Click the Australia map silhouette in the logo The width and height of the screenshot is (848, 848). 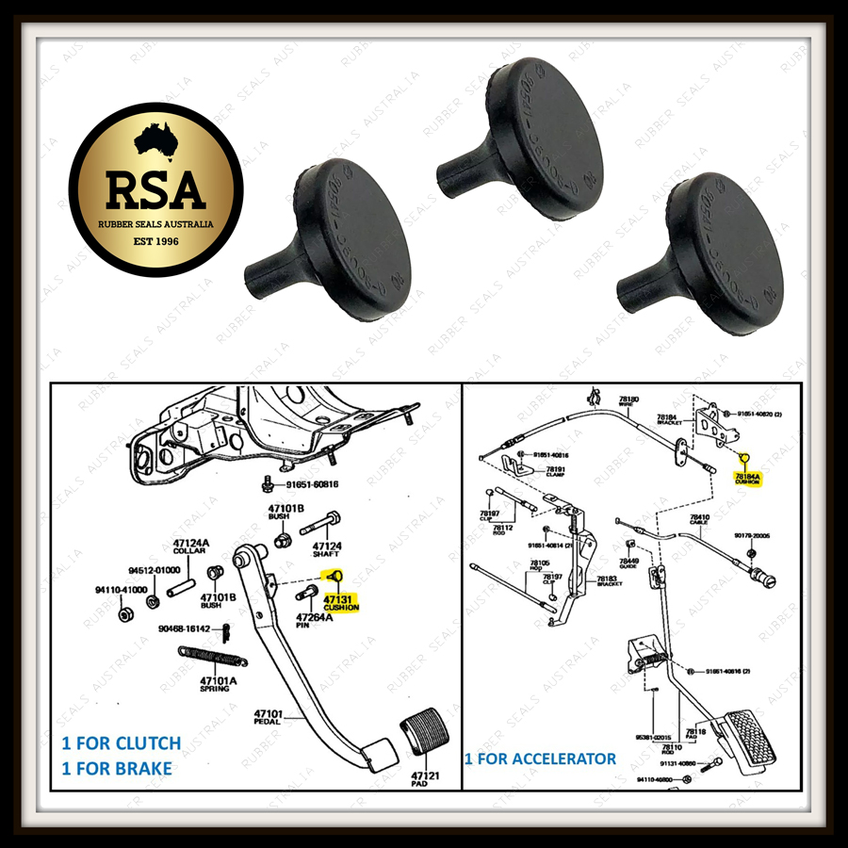coord(155,142)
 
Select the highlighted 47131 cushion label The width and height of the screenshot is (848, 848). coord(340,602)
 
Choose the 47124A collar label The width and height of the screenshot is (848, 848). coord(190,547)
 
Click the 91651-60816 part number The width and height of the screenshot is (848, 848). coord(307,484)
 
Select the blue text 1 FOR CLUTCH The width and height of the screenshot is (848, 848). coord(122,743)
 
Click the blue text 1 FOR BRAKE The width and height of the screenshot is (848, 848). coord(117,769)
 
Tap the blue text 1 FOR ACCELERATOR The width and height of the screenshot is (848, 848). coord(540,758)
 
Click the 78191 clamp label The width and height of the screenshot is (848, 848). coord(556,471)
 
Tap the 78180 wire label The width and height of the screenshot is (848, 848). coord(628,400)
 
